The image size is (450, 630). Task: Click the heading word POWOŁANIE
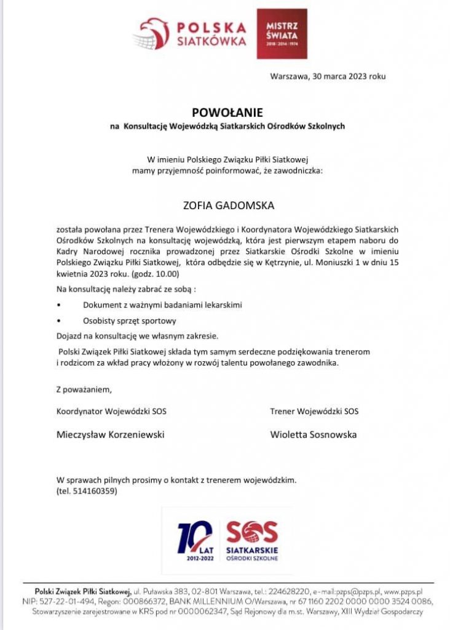227,113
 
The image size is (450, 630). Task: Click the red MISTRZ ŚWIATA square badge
282,34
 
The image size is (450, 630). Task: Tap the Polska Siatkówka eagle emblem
154,34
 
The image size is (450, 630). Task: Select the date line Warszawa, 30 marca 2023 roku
328,76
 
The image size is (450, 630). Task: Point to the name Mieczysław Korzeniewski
111,434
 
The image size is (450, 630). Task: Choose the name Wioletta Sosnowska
314,434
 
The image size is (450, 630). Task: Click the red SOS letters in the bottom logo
252,532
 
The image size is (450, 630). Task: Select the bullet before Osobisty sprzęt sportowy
58,321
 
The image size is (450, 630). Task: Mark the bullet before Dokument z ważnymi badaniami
58,305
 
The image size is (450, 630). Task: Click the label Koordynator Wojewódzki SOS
111,411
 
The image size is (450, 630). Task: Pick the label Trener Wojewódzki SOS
314,411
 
